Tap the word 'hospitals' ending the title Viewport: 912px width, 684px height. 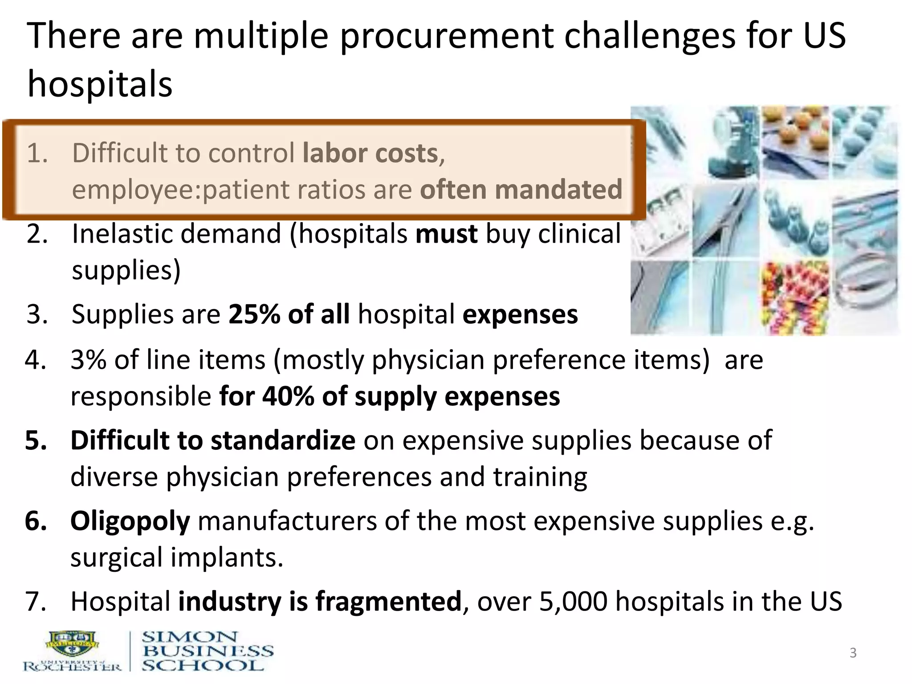coord(100,85)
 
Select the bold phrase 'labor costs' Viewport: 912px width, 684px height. coord(370,154)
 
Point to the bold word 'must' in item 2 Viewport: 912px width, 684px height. coord(446,234)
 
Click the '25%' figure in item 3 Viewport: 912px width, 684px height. coord(254,314)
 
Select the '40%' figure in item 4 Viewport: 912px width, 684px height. coord(288,396)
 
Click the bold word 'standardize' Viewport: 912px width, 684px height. coord(283,441)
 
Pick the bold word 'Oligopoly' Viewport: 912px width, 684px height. coord(130,521)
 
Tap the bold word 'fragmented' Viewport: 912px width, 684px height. coord(388,602)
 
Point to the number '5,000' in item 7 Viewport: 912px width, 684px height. coord(573,602)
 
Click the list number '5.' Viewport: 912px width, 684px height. coord(36,441)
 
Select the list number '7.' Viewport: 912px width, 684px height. coord(36,602)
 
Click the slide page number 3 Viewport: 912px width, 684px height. coord(853,653)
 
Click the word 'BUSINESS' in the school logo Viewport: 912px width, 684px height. coord(208,651)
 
